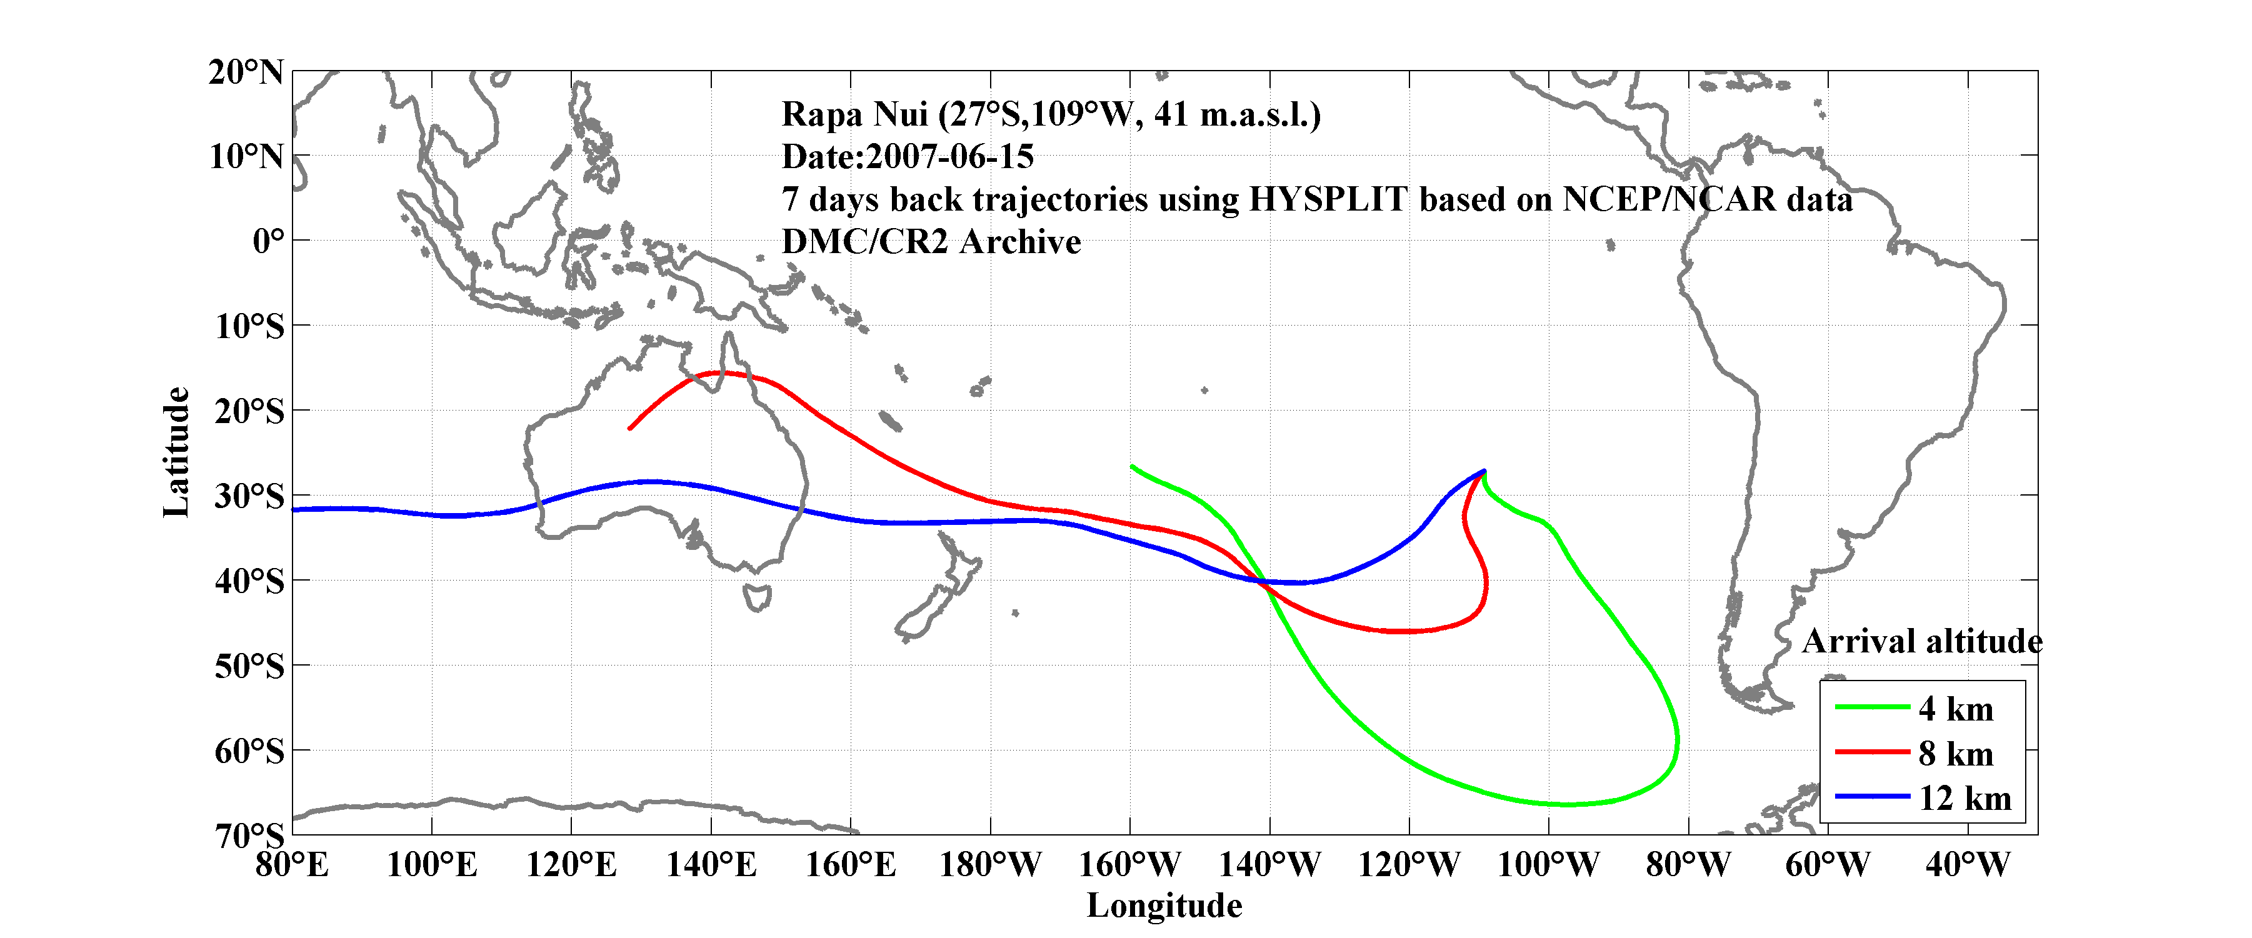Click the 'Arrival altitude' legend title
point(1921,642)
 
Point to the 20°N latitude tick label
point(246,72)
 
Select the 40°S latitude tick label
point(250,581)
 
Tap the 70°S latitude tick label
point(250,836)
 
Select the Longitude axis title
point(1164,906)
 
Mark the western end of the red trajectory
point(629,428)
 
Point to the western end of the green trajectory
point(1132,467)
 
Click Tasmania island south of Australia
point(757,598)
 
